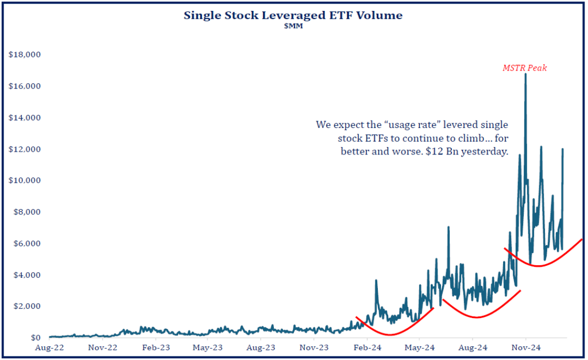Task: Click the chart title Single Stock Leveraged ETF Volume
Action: coord(293,16)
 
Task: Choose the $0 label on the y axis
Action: coord(32,338)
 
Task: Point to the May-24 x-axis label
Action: coord(420,347)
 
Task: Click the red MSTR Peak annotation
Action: coord(524,68)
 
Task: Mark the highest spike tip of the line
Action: coord(525,74)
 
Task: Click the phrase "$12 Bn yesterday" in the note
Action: coord(471,152)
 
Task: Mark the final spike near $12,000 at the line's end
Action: coord(563,149)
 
